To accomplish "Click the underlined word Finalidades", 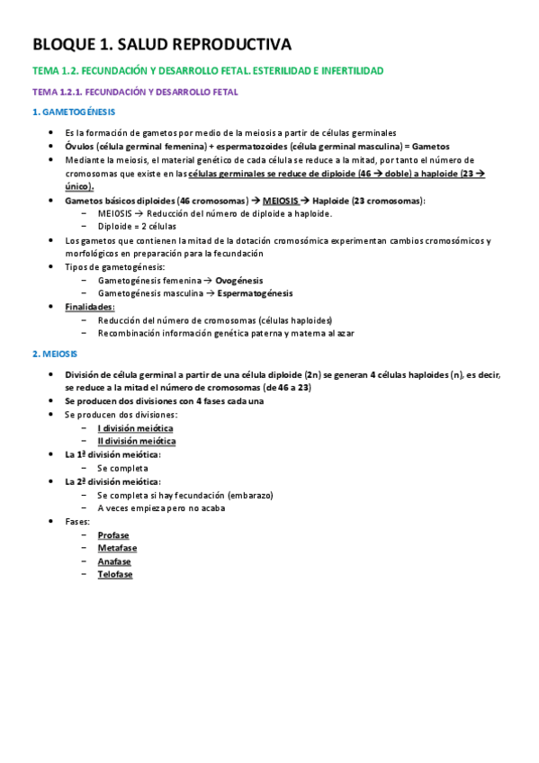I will coord(90,307).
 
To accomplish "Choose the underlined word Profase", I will coord(113,534).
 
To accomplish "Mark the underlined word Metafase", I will coord(117,548).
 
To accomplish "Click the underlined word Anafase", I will coord(114,561).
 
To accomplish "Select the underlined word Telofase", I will coord(115,574).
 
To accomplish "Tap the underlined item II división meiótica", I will coord(137,441).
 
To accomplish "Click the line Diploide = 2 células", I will coord(137,227).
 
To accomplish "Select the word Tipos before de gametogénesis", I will coord(77,267).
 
